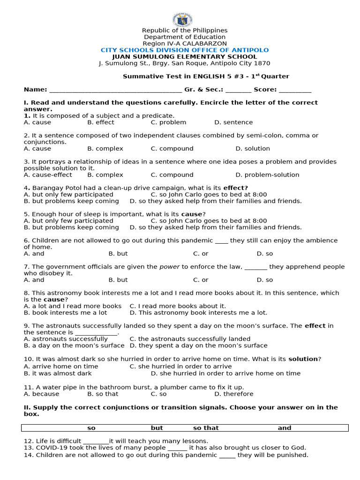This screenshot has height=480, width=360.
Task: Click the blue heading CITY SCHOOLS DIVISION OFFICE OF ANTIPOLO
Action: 185,50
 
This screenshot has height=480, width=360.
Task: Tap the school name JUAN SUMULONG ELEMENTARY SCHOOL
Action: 185,57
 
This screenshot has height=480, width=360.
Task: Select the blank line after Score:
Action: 295,90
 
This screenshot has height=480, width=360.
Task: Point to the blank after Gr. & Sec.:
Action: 238,90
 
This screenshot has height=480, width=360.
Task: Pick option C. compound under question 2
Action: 172,149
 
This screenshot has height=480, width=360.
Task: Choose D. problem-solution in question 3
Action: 267,175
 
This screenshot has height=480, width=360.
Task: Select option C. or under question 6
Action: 201,254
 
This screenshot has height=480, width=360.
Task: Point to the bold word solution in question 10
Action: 303,359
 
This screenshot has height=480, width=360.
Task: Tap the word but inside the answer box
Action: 157,428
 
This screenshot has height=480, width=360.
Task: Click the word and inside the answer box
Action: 285,428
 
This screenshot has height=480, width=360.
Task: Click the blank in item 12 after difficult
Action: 96,442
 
